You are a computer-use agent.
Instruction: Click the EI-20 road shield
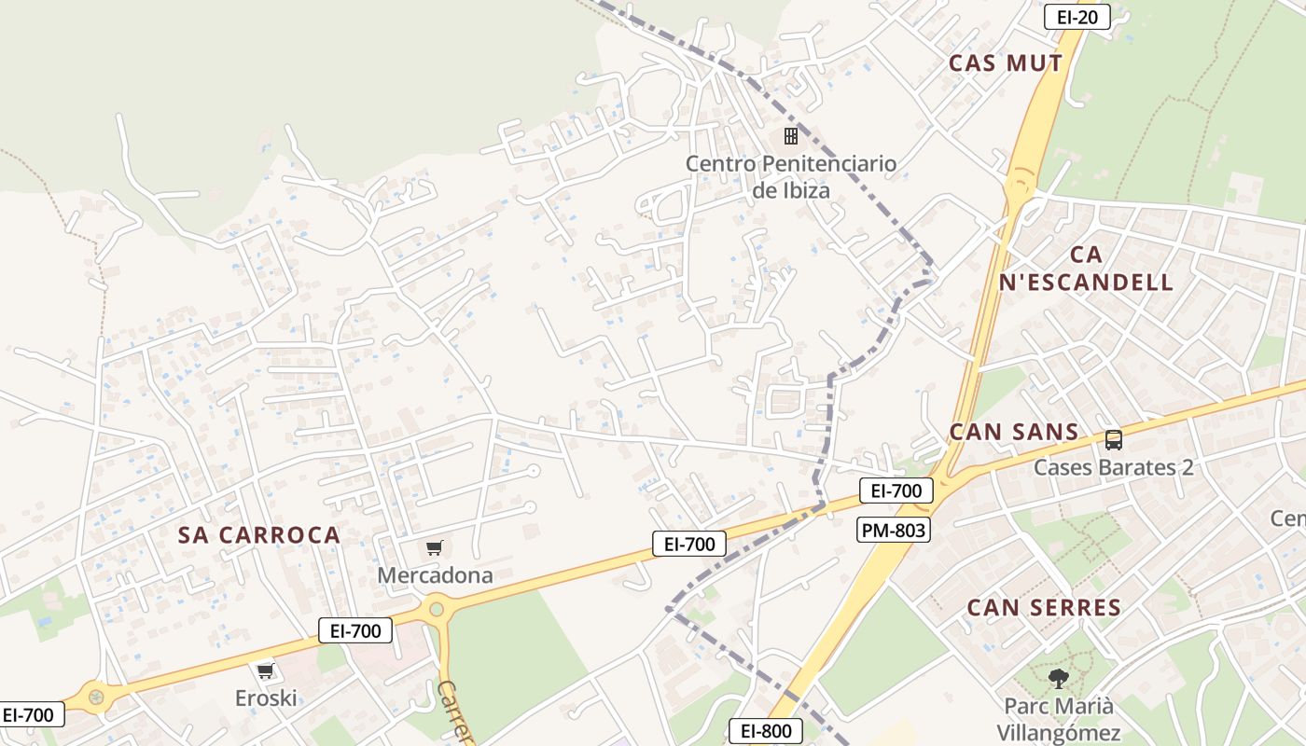(x=1077, y=17)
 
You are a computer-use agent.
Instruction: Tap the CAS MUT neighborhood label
(x=1006, y=63)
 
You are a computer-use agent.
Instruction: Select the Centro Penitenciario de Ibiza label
(x=791, y=177)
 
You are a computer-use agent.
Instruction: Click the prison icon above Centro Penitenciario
(x=791, y=136)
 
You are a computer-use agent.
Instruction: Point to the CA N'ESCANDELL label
(x=1086, y=269)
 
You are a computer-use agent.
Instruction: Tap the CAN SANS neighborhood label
(x=1014, y=432)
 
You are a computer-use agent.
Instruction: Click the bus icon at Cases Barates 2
(x=1113, y=439)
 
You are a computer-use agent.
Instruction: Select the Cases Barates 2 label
(x=1113, y=467)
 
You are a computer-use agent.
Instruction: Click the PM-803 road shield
(x=894, y=531)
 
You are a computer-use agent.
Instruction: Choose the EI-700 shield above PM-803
(x=896, y=490)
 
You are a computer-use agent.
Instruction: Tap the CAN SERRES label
(x=1044, y=608)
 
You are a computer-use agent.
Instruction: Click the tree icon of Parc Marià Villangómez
(x=1058, y=678)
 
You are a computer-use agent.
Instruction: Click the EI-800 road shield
(x=765, y=731)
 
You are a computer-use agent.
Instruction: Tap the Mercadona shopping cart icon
(x=434, y=548)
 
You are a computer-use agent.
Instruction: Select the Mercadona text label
(x=435, y=575)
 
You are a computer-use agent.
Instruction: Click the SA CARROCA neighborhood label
(x=259, y=535)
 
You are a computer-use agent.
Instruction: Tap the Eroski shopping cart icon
(x=266, y=670)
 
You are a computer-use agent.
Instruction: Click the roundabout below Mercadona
(x=436, y=611)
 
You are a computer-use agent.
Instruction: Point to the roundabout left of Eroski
(x=95, y=696)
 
